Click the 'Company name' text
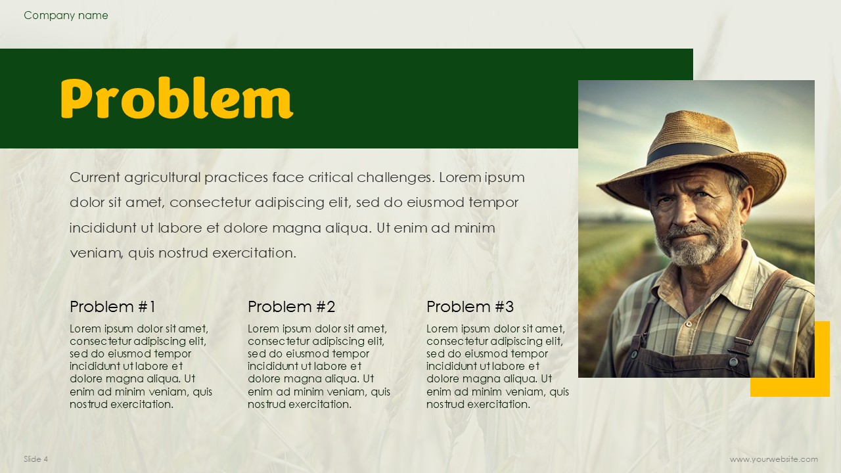coord(66,15)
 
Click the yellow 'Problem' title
coord(177,99)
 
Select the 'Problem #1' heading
coord(112,307)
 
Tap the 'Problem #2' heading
coord(291,307)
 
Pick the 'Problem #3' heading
coord(470,307)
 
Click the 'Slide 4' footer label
coord(35,459)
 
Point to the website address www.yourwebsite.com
coord(774,459)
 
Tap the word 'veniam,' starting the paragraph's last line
coord(97,254)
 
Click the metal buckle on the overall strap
coord(742,344)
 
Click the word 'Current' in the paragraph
coord(95,177)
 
